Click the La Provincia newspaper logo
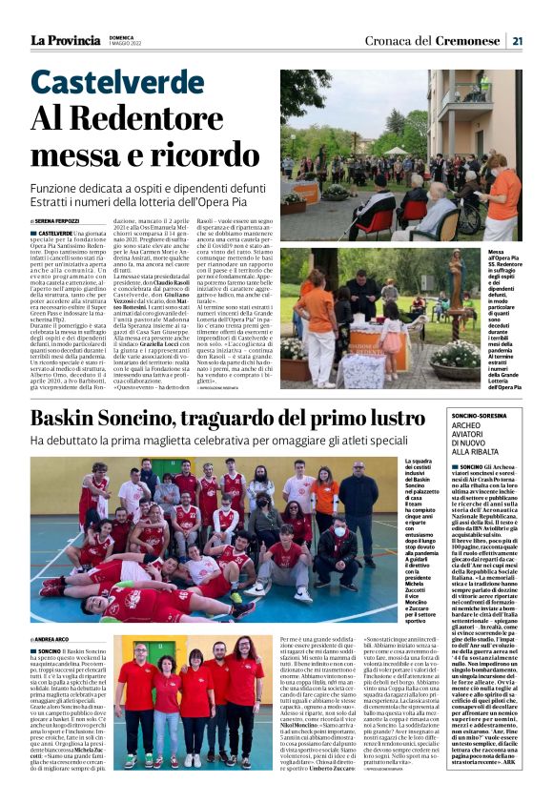[x=64, y=40]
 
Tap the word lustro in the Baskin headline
[x=386, y=417]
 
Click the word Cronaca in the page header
[x=390, y=40]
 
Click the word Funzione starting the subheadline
[x=56, y=190]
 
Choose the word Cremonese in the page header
[x=468, y=40]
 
